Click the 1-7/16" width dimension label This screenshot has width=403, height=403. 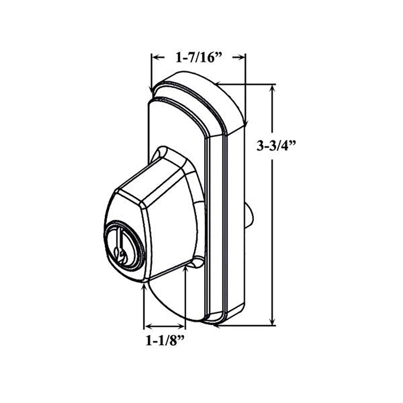pyautogui.click(x=198, y=58)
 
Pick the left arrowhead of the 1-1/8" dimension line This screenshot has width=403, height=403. pyautogui.click(x=147, y=326)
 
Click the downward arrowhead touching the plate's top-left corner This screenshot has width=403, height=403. pyautogui.click(x=152, y=91)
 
